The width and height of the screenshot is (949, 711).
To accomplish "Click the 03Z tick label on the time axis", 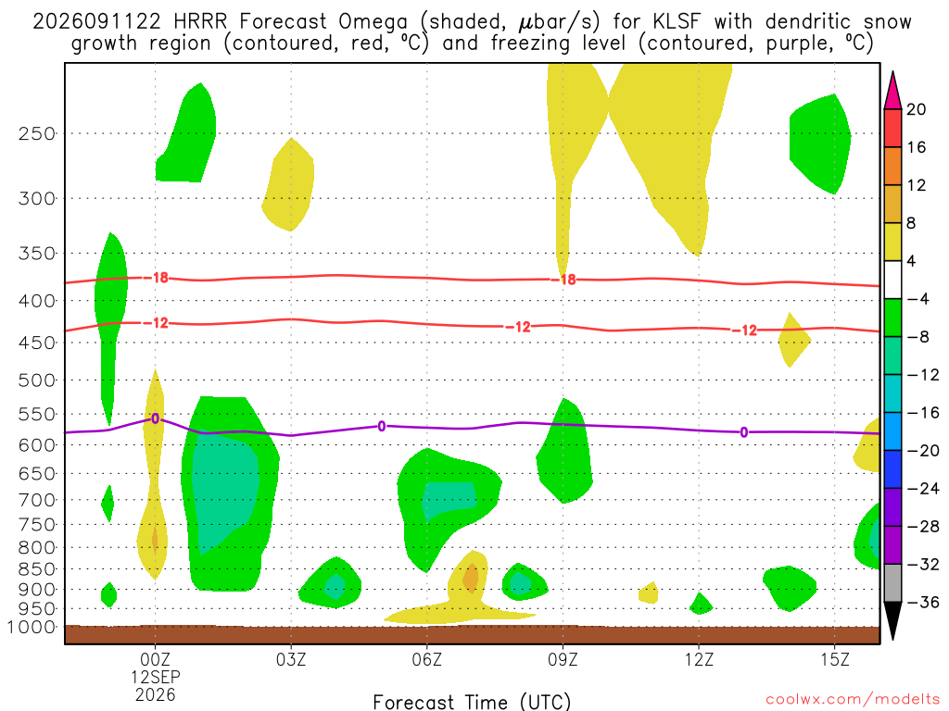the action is pyautogui.click(x=291, y=659).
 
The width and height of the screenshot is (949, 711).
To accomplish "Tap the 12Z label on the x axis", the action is pyautogui.click(x=699, y=659).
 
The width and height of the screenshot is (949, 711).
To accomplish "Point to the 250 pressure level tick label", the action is pyautogui.click(x=37, y=133).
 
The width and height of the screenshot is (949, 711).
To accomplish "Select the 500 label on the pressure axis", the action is pyautogui.click(x=37, y=380).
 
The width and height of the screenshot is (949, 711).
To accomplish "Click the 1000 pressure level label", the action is pyautogui.click(x=32, y=627).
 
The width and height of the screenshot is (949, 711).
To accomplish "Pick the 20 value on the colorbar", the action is pyautogui.click(x=916, y=109).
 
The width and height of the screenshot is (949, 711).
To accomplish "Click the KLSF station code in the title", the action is pyautogui.click(x=677, y=22).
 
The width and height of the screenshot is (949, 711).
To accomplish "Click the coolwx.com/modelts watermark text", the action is pyautogui.click(x=853, y=700).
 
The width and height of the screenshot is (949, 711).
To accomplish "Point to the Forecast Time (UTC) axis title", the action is pyautogui.click(x=472, y=702).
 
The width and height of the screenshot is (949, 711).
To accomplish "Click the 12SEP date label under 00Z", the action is pyautogui.click(x=156, y=677).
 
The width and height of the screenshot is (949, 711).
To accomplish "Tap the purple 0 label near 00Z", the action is pyautogui.click(x=156, y=418).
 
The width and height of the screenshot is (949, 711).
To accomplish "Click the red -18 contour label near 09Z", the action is pyautogui.click(x=564, y=280).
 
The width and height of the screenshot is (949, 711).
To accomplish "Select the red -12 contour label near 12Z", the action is pyautogui.click(x=745, y=331).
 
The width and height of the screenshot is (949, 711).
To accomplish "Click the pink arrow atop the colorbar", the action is pyautogui.click(x=892, y=91).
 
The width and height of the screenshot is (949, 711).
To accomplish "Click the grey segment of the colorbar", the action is pyautogui.click(x=892, y=583).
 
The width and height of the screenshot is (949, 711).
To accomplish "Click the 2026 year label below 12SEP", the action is pyautogui.click(x=156, y=694).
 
